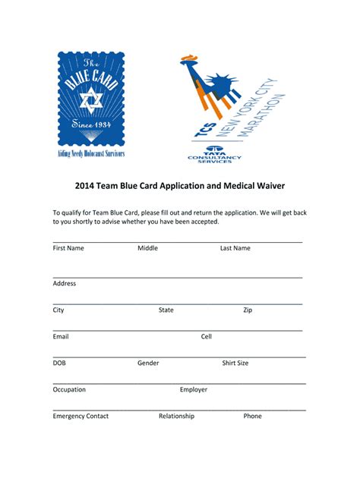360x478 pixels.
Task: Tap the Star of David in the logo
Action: click(x=90, y=99)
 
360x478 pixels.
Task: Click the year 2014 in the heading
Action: click(x=84, y=186)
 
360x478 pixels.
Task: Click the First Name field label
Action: click(x=68, y=248)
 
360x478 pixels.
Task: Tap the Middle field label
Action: click(x=147, y=248)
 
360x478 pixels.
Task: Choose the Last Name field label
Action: click(x=235, y=248)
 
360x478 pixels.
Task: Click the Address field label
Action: click(x=65, y=283)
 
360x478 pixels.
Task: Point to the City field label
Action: click(x=58, y=310)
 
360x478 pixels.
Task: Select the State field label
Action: click(x=166, y=310)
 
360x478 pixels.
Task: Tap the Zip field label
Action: click(x=248, y=310)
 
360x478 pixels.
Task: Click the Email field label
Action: click(x=61, y=336)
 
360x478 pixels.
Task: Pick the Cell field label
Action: click(x=207, y=336)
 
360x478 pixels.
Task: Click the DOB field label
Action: click(x=60, y=363)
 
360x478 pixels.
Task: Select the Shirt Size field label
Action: click(x=235, y=363)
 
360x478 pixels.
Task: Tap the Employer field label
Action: click(x=194, y=389)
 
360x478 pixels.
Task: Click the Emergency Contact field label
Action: click(x=81, y=416)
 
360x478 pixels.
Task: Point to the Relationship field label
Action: click(x=176, y=416)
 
